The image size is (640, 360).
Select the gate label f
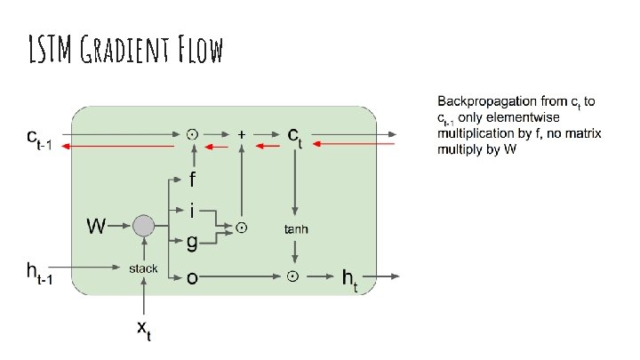click(x=191, y=180)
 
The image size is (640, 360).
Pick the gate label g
click(x=191, y=242)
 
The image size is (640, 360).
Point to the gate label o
click(x=191, y=278)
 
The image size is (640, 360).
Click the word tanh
click(x=296, y=229)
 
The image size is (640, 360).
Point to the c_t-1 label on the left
click(x=40, y=140)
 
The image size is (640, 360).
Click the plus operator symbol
click(x=242, y=134)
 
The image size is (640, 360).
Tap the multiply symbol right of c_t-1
click(x=191, y=134)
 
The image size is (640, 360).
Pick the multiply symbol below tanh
click(x=293, y=277)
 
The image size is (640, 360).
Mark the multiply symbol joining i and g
click(x=242, y=228)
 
